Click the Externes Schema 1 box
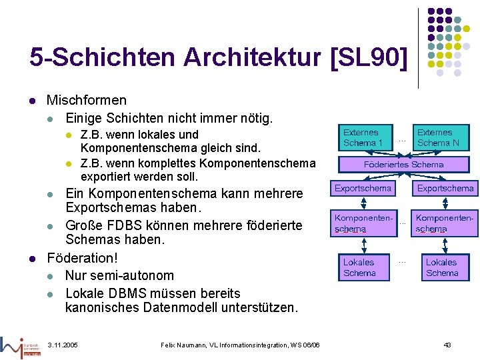pos(363,137)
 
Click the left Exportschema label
pos(363,189)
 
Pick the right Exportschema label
pos(445,189)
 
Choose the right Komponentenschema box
pos(444,223)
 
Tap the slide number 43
pos(447,345)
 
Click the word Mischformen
pos(86,101)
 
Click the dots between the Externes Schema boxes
pos(401,141)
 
